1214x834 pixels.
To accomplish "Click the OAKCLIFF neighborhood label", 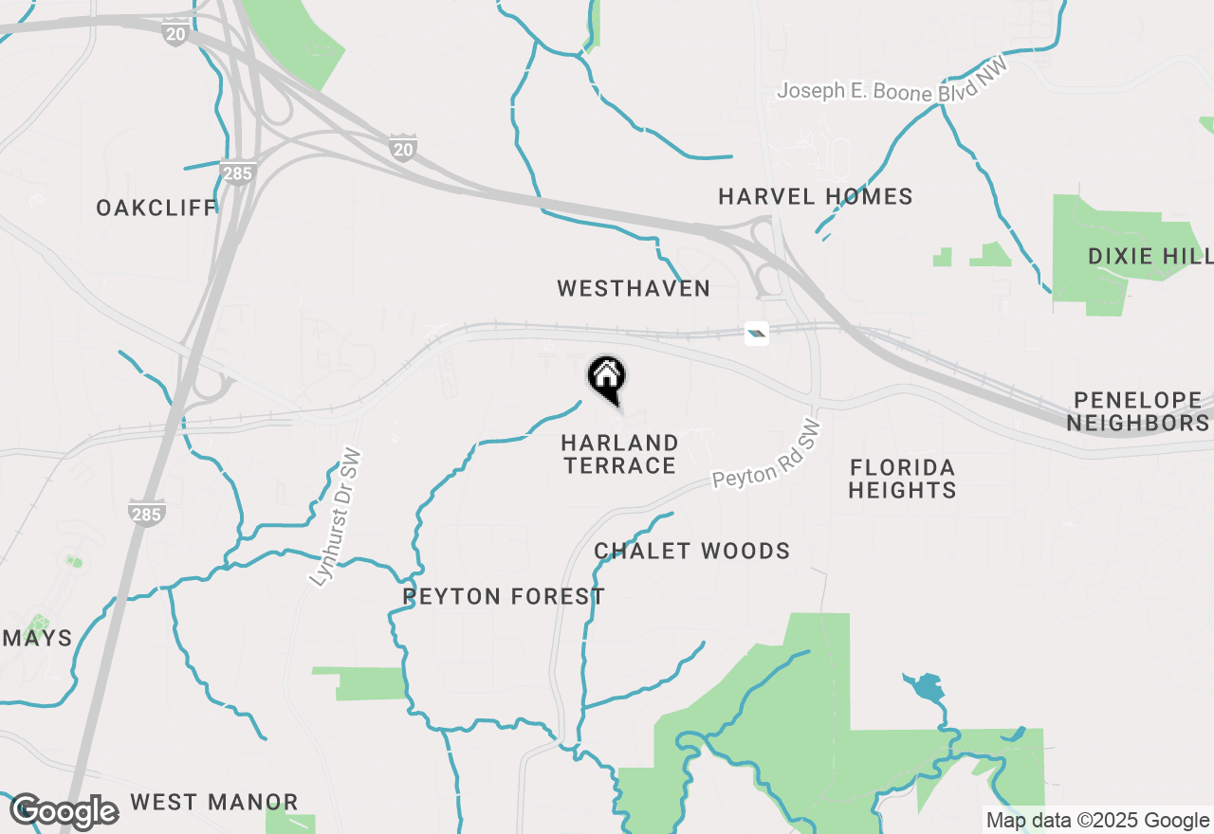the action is (156, 208).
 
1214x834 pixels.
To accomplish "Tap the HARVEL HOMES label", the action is (815, 196).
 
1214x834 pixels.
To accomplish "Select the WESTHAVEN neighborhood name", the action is (634, 288).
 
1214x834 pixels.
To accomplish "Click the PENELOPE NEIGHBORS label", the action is (1138, 411).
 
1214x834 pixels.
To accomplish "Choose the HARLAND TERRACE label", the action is (620, 454).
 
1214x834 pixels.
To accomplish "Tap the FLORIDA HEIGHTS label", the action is (902, 479).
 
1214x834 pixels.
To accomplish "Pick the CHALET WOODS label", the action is (692, 551).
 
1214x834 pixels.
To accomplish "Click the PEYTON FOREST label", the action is (504, 596).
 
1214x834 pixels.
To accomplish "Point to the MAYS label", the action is (37, 638).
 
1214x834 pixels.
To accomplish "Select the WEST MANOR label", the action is (214, 802).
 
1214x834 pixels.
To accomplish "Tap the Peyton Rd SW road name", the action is (767, 454).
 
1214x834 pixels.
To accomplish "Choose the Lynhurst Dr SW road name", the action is (337, 516).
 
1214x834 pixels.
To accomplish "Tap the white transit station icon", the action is (757, 333).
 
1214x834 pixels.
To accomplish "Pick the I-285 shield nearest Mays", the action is (147, 513).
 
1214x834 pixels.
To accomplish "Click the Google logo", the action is (64, 811).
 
